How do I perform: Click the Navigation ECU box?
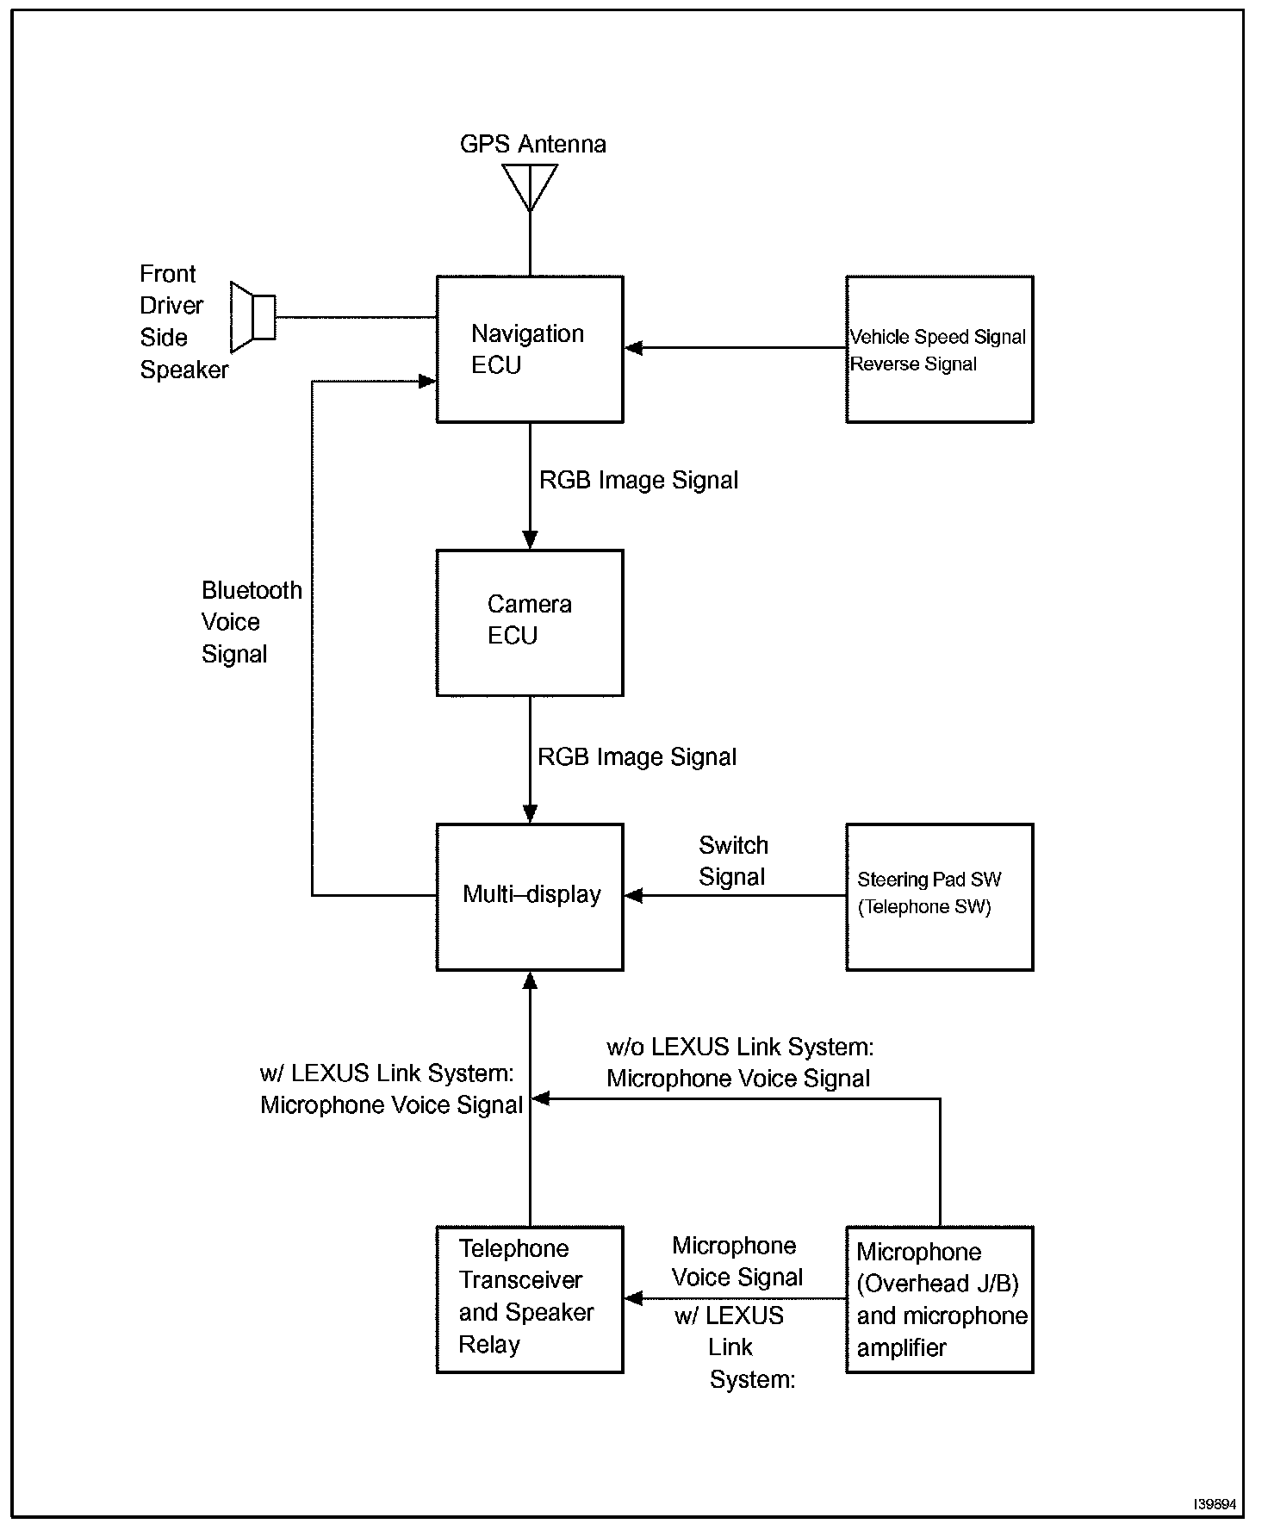pyautogui.click(x=529, y=349)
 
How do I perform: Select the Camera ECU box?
pyautogui.click(x=529, y=622)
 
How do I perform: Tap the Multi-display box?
pyautogui.click(x=529, y=896)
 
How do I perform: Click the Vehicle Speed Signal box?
pyautogui.click(x=939, y=349)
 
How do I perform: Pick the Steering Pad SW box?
pyautogui.click(x=939, y=896)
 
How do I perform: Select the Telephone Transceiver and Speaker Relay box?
pyautogui.click(x=529, y=1299)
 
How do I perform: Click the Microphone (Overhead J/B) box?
pyautogui.click(x=939, y=1299)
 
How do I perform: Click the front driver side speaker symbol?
pyautogui.click(x=252, y=317)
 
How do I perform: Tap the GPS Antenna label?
pyautogui.click(x=532, y=144)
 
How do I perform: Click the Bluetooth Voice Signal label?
pyautogui.click(x=251, y=622)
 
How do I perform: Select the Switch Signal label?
pyautogui.click(x=733, y=861)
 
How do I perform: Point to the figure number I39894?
pyautogui.click(x=1215, y=1504)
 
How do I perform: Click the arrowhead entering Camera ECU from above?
pyautogui.click(x=530, y=540)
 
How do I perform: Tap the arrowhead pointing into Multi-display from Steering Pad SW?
pyautogui.click(x=634, y=896)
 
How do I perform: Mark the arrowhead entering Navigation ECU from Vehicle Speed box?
pyautogui.click(x=634, y=348)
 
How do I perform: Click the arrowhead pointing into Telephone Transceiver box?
pyautogui.click(x=634, y=1298)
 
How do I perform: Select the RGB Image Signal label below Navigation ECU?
pyautogui.click(x=638, y=480)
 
